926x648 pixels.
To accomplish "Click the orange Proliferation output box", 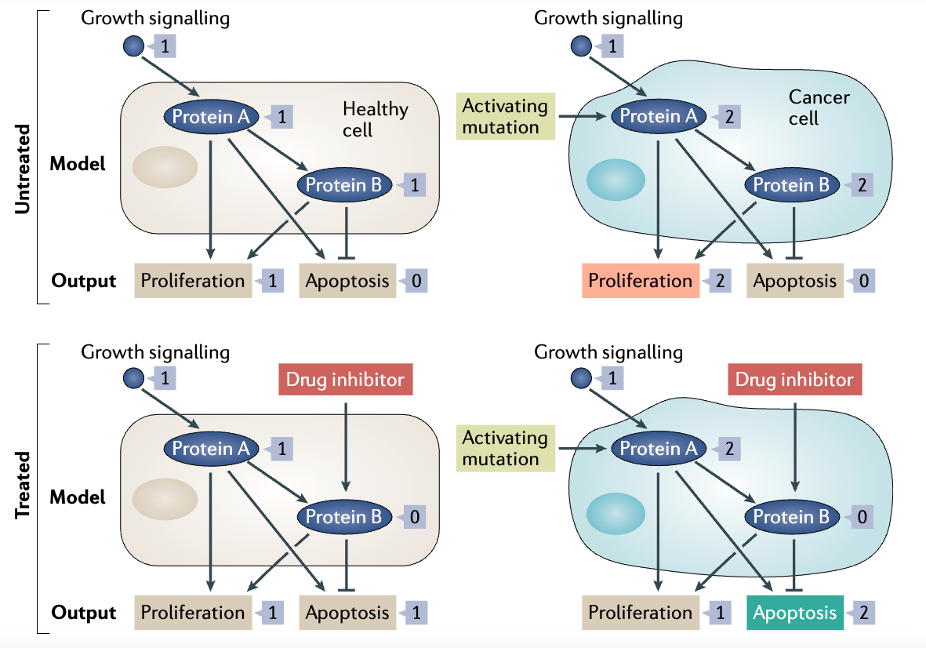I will click(641, 281).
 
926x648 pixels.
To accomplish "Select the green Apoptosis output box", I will click(795, 613).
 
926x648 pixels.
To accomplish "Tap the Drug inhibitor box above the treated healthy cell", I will click(345, 380).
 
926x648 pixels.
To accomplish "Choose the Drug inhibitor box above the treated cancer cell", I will click(794, 380).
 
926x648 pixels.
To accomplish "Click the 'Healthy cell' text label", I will click(375, 118).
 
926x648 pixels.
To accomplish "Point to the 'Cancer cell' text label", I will click(818, 107).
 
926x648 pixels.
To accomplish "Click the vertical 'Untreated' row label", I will click(23, 167).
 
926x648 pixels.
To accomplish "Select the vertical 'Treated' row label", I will click(23, 484).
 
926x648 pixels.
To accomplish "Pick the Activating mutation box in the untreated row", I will click(505, 116).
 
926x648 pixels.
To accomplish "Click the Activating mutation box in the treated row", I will click(505, 448).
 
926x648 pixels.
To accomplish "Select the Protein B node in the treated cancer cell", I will click(790, 517).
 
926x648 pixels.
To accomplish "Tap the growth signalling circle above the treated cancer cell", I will click(581, 378).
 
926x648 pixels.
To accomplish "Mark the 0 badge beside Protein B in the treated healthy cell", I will click(414, 517).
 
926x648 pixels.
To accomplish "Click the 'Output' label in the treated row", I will click(83, 613).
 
